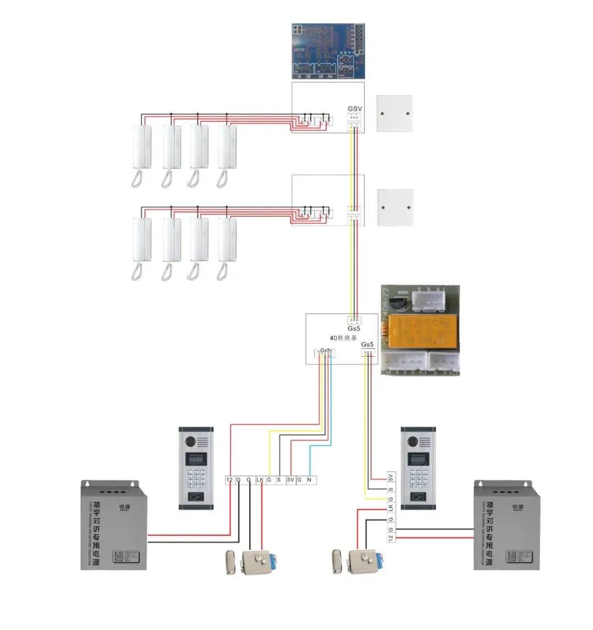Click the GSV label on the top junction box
[x=355, y=109]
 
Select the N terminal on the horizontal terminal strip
[x=310, y=480]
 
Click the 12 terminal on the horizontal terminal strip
[x=230, y=480]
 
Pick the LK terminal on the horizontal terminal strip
[x=260, y=480]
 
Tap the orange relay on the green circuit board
[x=420, y=331]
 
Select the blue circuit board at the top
[x=328, y=52]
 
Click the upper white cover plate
[x=394, y=113]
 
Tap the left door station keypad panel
[x=196, y=468]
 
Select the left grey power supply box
[x=114, y=524]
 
